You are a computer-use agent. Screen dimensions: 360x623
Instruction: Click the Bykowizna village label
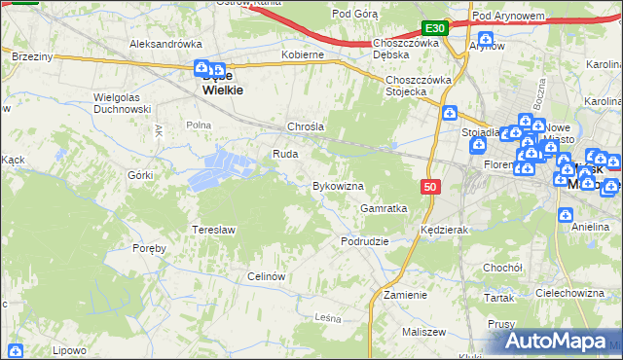pyautogui.click(x=337, y=186)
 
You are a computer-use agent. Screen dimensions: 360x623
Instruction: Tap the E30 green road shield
pyautogui.click(x=435, y=29)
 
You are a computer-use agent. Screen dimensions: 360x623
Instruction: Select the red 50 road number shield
pyautogui.click(x=430, y=185)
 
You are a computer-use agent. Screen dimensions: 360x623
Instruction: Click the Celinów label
pyautogui.click(x=266, y=276)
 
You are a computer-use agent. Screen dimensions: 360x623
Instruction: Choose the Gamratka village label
pyautogui.click(x=384, y=208)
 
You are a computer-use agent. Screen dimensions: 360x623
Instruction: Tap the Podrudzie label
pyautogui.click(x=365, y=241)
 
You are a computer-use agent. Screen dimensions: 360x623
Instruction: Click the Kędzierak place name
pyautogui.click(x=446, y=231)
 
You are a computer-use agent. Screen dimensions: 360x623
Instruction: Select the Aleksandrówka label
pyautogui.click(x=165, y=44)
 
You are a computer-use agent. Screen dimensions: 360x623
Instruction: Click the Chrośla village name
pyautogui.click(x=305, y=127)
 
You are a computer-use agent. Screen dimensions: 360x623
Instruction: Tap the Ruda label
pyautogui.click(x=285, y=154)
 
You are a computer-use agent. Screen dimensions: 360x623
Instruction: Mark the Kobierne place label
pyautogui.click(x=302, y=55)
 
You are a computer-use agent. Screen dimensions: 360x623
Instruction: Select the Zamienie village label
pyautogui.click(x=405, y=295)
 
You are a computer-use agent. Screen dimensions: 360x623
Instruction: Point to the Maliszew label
pyautogui.click(x=421, y=333)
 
